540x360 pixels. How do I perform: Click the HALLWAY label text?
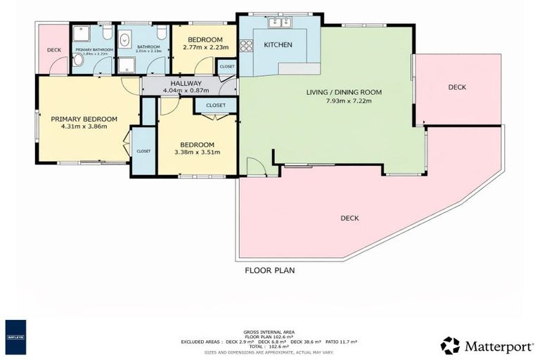pyautogui.click(x=182, y=83)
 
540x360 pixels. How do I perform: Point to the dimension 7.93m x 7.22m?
pyautogui.click(x=343, y=101)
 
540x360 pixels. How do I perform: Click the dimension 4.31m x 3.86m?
pyautogui.click(x=83, y=127)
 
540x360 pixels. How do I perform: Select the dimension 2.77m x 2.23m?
pyautogui.click(x=200, y=48)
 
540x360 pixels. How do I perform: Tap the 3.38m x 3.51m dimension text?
pyautogui.click(x=197, y=152)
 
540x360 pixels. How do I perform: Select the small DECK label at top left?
pyautogui.click(x=54, y=50)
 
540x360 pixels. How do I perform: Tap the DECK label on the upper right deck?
pyautogui.click(x=457, y=87)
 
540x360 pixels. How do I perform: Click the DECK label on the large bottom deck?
pyautogui.click(x=349, y=218)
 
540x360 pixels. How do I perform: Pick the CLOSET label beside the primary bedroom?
pyautogui.click(x=143, y=150)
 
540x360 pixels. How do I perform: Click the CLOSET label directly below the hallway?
pyautogui.click(x=216, y=105)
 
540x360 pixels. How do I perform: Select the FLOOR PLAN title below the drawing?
pyautogui.click(x=269, y=270)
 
